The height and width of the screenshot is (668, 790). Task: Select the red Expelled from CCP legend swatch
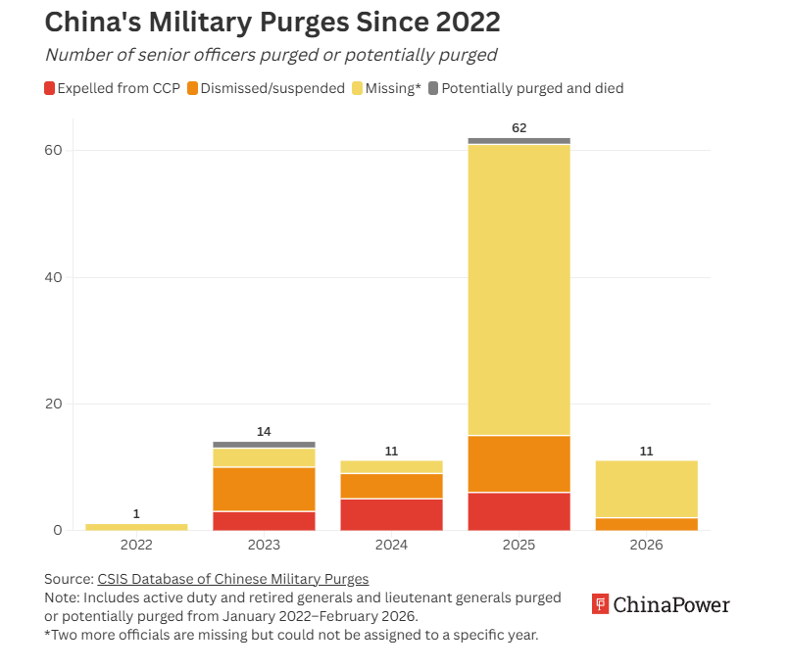point(50,88)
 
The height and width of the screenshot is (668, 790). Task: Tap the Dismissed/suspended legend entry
point(265,88)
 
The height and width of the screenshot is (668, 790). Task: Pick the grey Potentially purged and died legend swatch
point(433,88)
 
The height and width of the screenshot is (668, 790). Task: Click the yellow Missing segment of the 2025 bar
point(519,289)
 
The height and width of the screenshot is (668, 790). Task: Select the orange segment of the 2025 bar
point(519,463)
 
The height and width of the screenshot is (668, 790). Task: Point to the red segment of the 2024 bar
point(391,514)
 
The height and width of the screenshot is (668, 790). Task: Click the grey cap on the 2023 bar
point(264,445)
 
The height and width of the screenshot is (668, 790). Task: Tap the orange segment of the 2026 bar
point(646,524)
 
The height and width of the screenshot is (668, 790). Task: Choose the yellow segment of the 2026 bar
point(646,489)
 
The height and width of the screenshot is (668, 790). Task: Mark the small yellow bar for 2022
point(136,527)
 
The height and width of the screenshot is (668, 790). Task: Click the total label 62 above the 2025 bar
point(519,127)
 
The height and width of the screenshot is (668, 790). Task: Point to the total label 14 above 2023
point(264,431)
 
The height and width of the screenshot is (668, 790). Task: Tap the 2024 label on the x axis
point(391,545)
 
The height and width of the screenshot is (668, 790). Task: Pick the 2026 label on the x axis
point(646,545)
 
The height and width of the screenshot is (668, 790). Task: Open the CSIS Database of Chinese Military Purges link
point(232,578)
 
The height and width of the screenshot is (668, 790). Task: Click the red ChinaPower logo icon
point(601,604)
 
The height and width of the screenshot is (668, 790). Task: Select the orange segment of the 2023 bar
point(264,489)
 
